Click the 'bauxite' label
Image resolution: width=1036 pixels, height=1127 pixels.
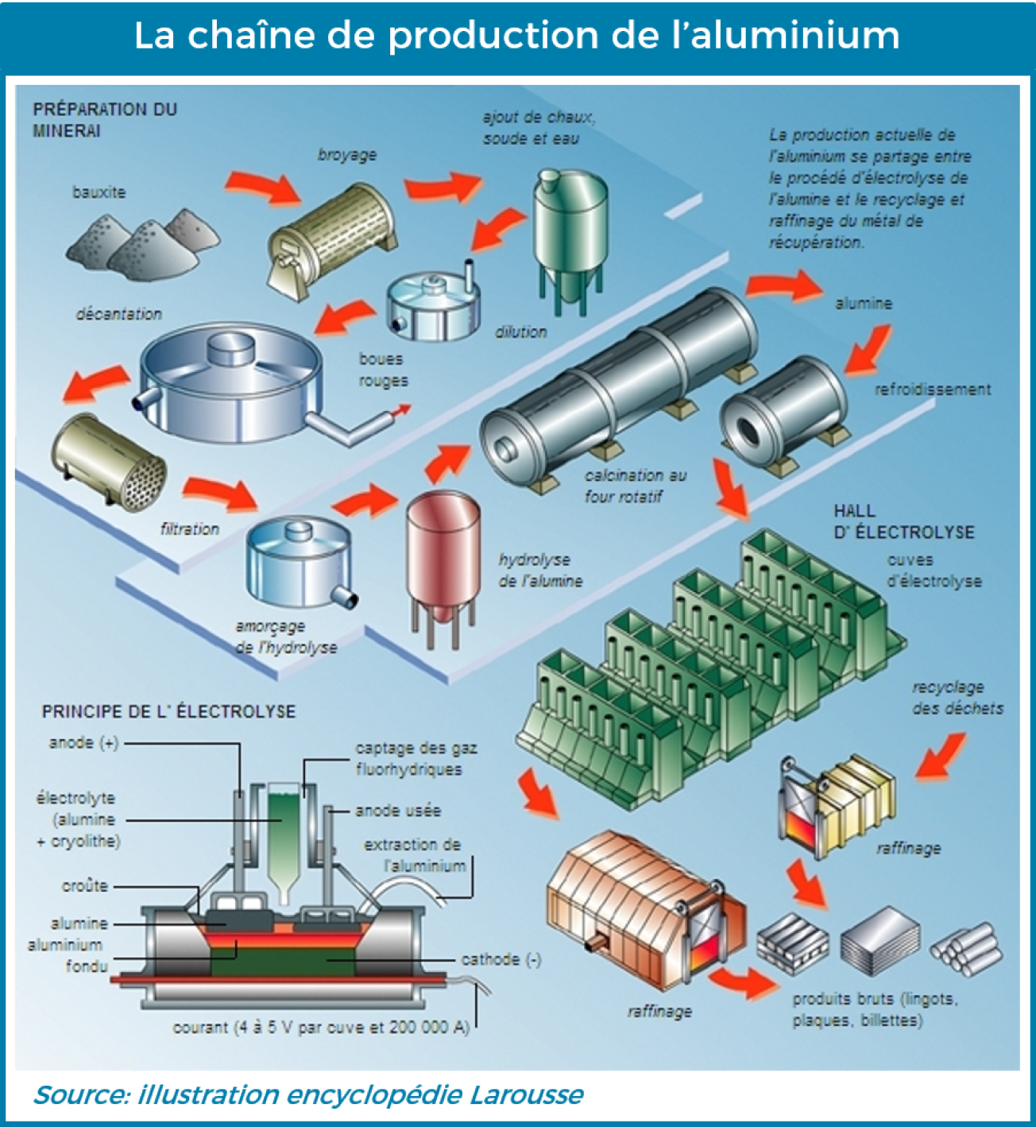pyautogui.click(x=99, y=192)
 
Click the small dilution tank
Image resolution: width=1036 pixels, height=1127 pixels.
pyautogui.click(x=434, y=306)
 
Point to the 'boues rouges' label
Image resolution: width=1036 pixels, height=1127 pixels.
pyautogui.click(x=383, y=370)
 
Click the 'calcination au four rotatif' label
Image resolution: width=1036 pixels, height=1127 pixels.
pyautogui.click(x=635, y=486)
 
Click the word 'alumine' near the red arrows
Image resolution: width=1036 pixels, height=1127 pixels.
pyautogui.click(x=864, y=304)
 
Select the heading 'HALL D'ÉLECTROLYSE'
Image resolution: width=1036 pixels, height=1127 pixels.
pyautogui.click(x=903, y=521)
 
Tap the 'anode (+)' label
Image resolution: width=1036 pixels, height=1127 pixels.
pyautogui.click(x=83, y=742)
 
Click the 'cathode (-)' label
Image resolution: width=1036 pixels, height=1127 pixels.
pyautogui.click(x=501, y=959)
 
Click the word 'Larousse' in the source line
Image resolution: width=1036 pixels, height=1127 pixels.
pyautogui.click(x=526, y=1095)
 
